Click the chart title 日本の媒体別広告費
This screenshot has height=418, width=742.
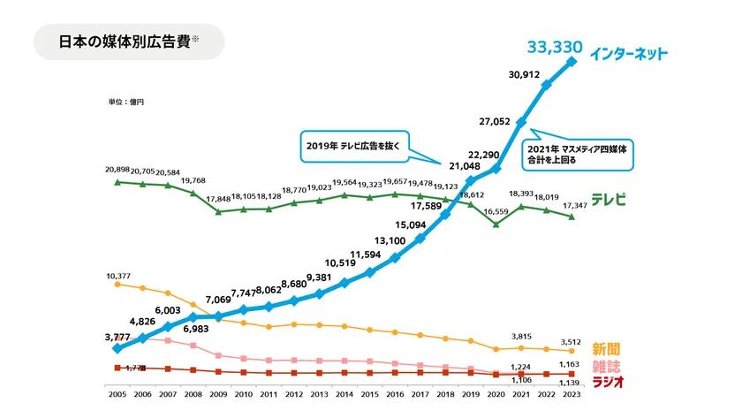tap(124, 42)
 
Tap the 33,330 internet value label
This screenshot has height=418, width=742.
tap(553, 47)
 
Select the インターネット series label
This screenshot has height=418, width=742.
tap(630, 53)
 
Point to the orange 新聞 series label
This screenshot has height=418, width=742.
tap(606, 349)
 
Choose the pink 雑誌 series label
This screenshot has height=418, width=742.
tap(606, 366)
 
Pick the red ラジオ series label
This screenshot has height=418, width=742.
tap(608, 382)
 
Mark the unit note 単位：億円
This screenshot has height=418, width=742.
tap(125, 103)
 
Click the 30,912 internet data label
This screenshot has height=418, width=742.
tap(526, 75)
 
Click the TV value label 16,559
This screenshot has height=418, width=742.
tap(497, 212)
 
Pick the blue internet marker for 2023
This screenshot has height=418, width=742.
tap(572, 61)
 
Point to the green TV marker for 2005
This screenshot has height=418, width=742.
tap(117, 182)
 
